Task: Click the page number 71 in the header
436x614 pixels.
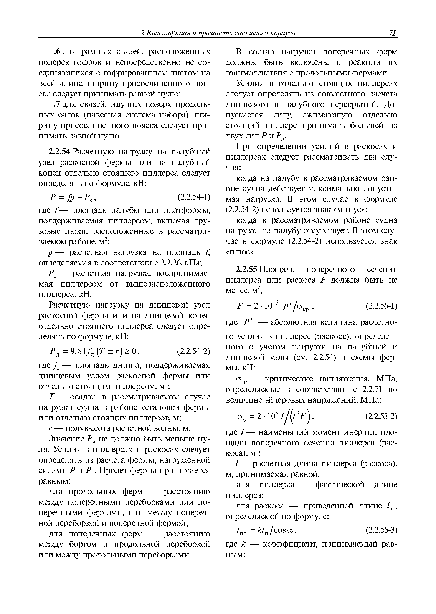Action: point(392,33)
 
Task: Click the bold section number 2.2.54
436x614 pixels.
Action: point(59,152)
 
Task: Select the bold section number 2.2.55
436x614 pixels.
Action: point(247,269)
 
